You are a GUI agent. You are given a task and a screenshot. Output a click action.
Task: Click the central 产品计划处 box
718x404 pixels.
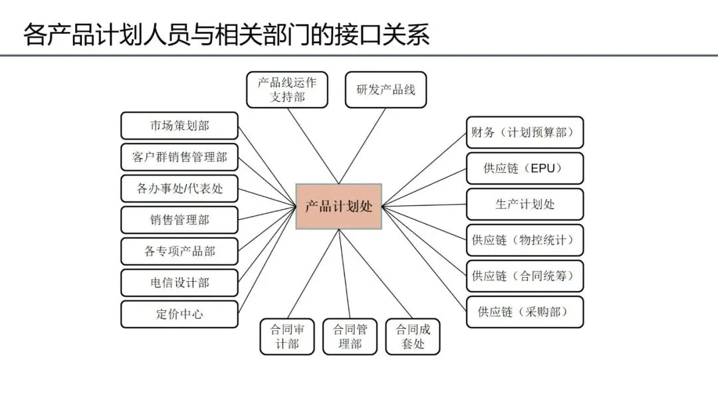coord(338,206)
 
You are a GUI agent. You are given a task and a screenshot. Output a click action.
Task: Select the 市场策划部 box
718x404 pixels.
coord(179,126)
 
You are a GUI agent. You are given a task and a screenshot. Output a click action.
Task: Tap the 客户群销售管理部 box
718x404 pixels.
coord(179,157)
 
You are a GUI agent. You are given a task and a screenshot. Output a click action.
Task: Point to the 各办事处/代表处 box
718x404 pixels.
coord(179,189)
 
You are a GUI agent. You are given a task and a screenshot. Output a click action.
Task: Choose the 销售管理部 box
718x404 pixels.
coord(179,219)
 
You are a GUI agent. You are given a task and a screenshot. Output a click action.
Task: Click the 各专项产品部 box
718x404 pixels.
coord(179,251)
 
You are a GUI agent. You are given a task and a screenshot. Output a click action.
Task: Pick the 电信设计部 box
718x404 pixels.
coord(179,282)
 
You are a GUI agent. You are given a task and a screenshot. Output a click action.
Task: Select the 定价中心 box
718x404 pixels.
coord(179,314)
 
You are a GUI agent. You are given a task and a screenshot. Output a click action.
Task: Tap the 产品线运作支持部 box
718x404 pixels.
coord(287,90)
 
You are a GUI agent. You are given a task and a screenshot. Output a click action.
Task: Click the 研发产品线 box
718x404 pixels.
coord(386,90)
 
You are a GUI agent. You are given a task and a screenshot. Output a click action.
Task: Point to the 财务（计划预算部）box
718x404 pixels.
coord(525,132)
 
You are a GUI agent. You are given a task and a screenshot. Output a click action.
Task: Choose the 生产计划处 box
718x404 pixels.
coord(525,204)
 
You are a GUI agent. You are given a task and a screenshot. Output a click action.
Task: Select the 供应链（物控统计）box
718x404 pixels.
coord(525,240)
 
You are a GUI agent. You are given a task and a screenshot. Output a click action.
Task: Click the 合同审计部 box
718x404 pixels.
coord(287,336)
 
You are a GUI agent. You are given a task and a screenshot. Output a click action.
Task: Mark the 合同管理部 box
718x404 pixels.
coord(350,336)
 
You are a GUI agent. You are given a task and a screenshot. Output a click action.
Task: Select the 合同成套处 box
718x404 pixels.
coord(413,336)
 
